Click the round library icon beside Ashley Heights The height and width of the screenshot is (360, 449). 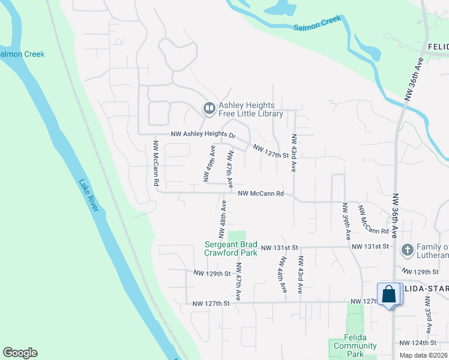[209, 109]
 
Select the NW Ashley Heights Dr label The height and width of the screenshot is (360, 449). [203, 135]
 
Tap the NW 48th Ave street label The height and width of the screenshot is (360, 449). [222, 218]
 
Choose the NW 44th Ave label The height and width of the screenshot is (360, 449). [281, 275]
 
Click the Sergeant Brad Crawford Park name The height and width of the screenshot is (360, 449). [231, 248]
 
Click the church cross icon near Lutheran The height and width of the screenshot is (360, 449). [406, 249]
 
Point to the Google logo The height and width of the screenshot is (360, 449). [20, 353]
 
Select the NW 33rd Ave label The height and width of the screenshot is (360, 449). [429, 319]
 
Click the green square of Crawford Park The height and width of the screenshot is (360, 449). [237, 236]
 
